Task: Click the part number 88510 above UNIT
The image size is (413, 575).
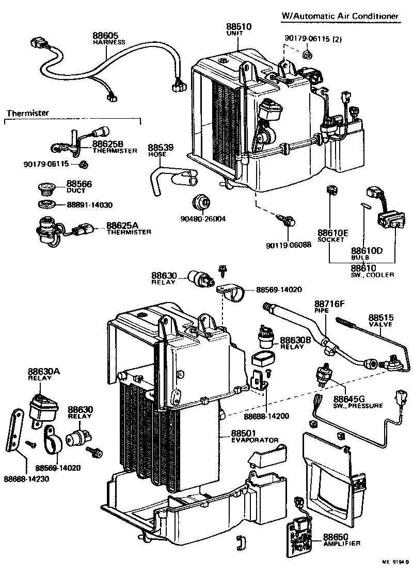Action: coord(239,26)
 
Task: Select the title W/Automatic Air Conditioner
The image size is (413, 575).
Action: coord(340,17)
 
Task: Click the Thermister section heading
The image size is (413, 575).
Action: coord(28,113)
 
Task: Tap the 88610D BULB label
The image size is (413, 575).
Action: coord(367,253)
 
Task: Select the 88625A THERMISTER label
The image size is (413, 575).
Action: coord(129,228)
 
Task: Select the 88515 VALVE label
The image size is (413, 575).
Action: coord(380,320)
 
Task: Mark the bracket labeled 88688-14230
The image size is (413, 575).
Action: coord(17,429)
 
